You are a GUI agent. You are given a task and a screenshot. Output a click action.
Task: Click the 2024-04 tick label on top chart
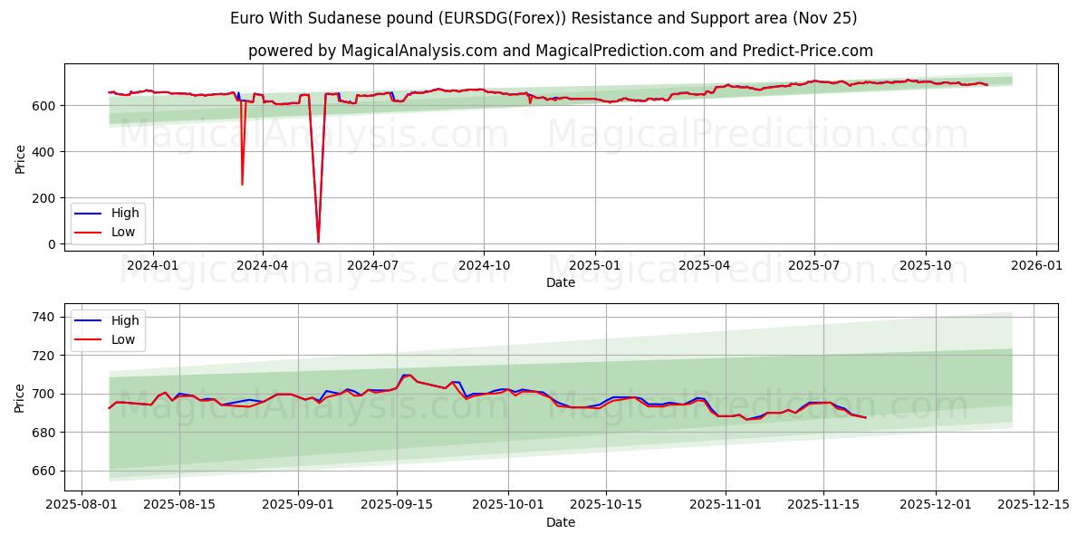pyautogui.click(x=263, y=265)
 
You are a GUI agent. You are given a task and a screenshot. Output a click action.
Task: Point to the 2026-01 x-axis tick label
pyautogui.click(x=1036, y=265)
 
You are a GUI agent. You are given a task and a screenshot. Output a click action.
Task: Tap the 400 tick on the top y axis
pyautogui.click(x=43, y=151)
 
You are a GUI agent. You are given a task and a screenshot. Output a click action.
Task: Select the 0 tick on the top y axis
pyautogui.click(x=52, y=243)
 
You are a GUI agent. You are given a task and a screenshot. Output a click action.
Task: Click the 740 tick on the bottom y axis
pyautogui.click(x=43, y=317)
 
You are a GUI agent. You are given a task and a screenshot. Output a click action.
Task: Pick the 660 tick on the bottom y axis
pyautogui.click(x=43, y=471)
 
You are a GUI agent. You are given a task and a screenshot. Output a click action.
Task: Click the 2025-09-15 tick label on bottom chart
pyautogui.click(x=397, y=505)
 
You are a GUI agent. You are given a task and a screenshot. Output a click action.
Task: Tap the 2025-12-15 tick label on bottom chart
pyautogui.click(x=1034, y=505)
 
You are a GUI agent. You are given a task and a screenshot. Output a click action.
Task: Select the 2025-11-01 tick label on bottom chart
pyautogui.click(x=726, y=505)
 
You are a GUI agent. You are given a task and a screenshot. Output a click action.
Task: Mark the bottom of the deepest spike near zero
pyautogui.click(x=318, y=242)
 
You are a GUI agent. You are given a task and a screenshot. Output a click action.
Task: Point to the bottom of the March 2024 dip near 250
pyautogui.click(x=242, y=185)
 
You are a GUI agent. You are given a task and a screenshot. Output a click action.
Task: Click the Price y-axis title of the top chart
pyautogui.click(x=21, y=158)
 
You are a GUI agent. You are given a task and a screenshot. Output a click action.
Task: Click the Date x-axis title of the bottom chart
pyautogui.click(x=561, y=522)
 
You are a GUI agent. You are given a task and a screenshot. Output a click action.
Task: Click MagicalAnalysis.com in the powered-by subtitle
pyautogui.click(x=418, y=51)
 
